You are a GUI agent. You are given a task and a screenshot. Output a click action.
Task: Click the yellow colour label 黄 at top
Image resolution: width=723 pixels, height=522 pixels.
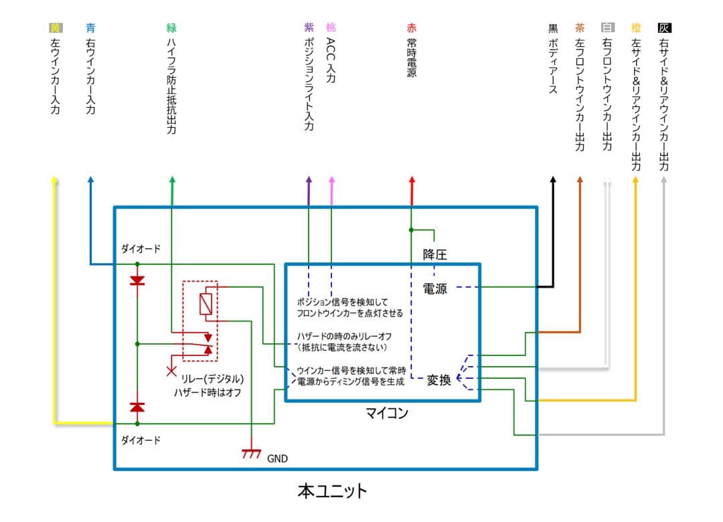[55, 28]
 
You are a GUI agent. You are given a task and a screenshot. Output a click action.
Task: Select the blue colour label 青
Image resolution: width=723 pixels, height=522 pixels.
[90, 28]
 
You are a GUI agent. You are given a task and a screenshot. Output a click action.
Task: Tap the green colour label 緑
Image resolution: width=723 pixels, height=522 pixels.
[171, 28]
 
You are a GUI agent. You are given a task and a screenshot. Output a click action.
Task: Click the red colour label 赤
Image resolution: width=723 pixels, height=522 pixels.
[411, 28]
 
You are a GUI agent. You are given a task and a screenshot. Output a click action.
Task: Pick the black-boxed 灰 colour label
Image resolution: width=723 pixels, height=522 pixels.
[664, 28]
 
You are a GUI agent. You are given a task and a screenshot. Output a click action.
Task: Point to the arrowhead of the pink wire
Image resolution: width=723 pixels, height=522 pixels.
[331, 181]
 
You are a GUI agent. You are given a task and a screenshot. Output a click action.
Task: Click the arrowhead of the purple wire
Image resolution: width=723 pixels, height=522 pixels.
[309, 181]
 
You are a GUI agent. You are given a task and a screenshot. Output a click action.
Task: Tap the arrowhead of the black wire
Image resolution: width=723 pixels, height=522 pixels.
[553, 181]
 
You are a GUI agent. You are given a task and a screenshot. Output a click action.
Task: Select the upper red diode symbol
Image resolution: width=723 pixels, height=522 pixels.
[137, 281]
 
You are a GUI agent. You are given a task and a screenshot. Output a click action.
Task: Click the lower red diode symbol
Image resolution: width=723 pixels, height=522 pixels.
[137, 406]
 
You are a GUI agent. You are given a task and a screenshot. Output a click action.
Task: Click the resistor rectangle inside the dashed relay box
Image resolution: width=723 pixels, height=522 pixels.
[207, 304]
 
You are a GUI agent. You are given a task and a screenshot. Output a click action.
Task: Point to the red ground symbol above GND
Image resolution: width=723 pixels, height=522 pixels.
[251, 454]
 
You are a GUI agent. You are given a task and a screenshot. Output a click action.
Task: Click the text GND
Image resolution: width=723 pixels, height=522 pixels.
[277, 459]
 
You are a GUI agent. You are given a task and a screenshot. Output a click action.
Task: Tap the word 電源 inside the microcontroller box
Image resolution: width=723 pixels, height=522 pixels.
[434, 288]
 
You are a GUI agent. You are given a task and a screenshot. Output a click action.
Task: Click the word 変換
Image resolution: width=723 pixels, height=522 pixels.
[439, 379]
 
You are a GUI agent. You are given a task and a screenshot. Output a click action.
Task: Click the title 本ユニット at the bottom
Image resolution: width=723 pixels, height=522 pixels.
[333, 491]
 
